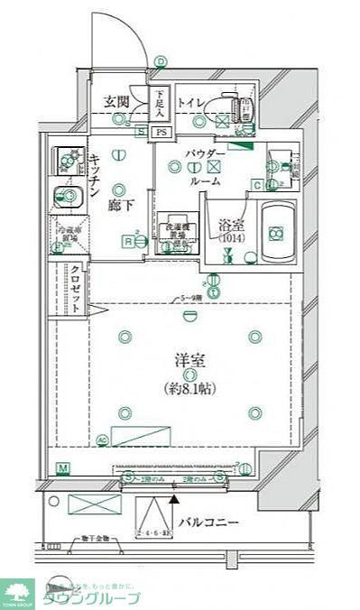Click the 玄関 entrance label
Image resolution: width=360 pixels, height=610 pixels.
tap(117, 101)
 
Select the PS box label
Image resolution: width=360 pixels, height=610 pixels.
tap(161, 132)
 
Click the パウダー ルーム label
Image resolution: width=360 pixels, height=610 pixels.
tap(205, 167)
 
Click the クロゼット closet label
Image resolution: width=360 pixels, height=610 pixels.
tap(76, 285)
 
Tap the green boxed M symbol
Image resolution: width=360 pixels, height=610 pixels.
tap(62, 467)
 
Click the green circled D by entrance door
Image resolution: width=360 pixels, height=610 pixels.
tap(161, 61)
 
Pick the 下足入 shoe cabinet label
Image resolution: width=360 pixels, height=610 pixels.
tap(159, 105)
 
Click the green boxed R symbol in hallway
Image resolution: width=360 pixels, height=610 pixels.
tap(130, 241)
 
